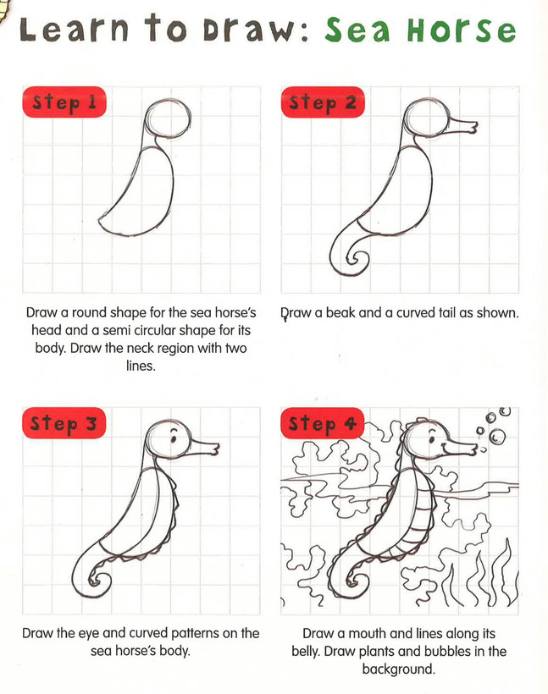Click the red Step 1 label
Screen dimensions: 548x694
(64, 102)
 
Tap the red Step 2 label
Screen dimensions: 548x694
(323, 102)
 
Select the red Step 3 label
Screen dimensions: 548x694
(64, 422)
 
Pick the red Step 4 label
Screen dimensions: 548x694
(323, 422)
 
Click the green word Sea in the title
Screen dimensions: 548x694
(358, 30)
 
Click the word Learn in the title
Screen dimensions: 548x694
(74, 30)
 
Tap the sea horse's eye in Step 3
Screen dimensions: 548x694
(174, 438)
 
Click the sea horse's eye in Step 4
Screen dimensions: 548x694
(432, 439)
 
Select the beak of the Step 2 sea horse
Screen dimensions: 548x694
(462, 125)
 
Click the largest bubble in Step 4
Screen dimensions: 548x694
(496, 436)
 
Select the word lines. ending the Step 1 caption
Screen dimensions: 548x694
(141, 366)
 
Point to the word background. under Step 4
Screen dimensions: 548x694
(398, 669)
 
